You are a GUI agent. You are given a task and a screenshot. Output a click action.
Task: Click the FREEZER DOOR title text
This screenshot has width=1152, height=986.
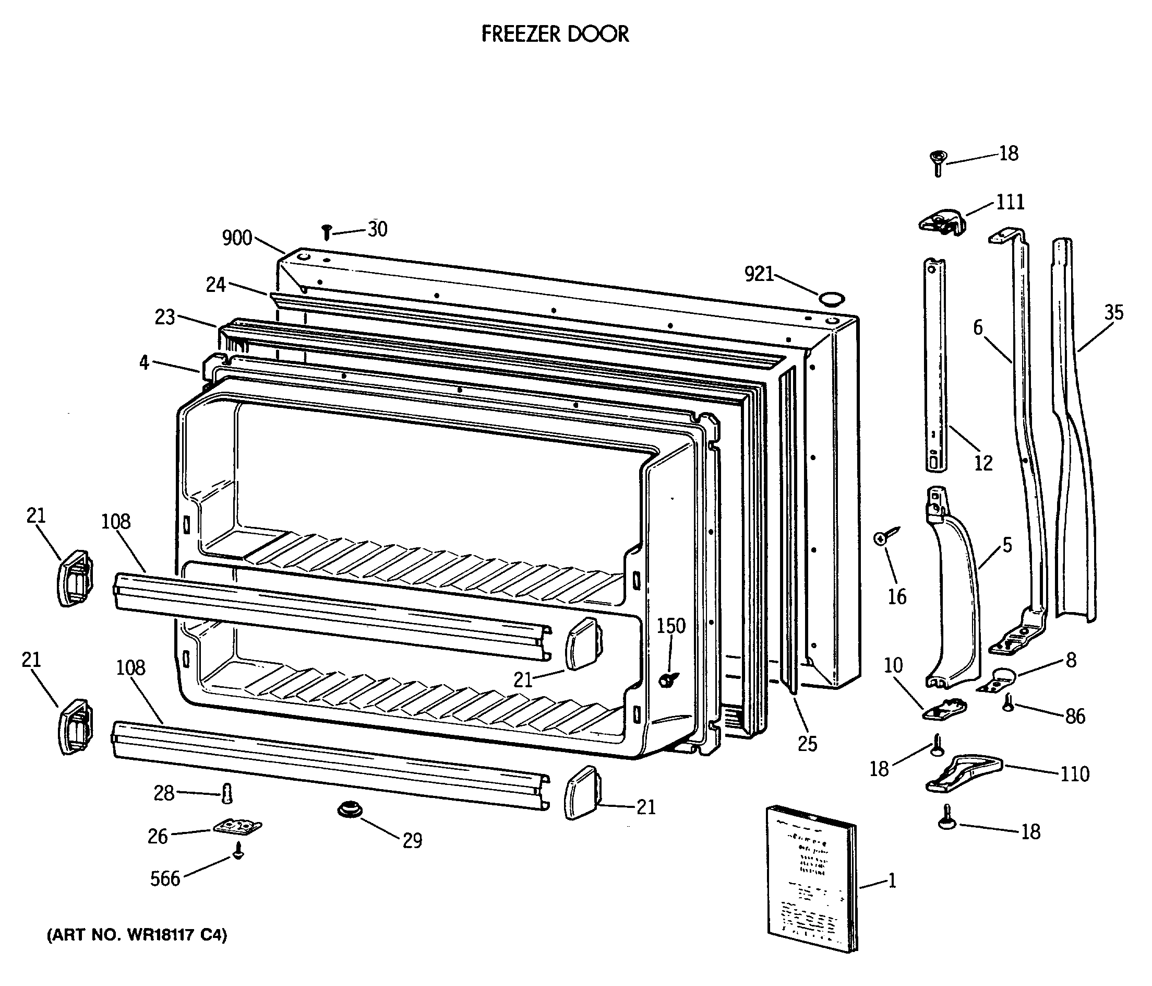(555, 34)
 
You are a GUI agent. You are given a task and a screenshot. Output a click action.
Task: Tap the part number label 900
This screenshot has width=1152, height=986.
(237, 238)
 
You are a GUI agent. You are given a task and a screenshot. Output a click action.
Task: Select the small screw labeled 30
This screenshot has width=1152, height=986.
(327, 232)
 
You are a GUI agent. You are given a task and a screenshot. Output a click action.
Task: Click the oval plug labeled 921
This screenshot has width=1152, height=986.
(832, 299)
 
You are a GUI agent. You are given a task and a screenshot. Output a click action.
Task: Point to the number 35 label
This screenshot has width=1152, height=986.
(1113, 313)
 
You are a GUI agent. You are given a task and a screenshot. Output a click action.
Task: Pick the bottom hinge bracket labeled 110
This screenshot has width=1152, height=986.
(963, 773)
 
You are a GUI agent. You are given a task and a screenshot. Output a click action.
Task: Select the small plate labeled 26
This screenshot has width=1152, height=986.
(238, 827)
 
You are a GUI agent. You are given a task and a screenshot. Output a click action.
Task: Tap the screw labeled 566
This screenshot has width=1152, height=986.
(238, 850)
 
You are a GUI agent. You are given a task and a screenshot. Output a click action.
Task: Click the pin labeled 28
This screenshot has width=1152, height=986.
(226, 793)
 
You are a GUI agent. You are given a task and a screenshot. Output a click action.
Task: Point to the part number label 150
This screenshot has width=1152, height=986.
(671, 626)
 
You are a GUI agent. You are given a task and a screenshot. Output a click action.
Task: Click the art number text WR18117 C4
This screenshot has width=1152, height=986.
(137, 935)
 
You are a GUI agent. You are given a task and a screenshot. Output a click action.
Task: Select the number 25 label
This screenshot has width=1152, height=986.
(807, 744)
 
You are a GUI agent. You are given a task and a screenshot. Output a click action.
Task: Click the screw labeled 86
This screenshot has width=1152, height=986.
(1008, 703)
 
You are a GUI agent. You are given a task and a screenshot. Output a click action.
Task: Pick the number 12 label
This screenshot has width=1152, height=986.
(983, 463)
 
